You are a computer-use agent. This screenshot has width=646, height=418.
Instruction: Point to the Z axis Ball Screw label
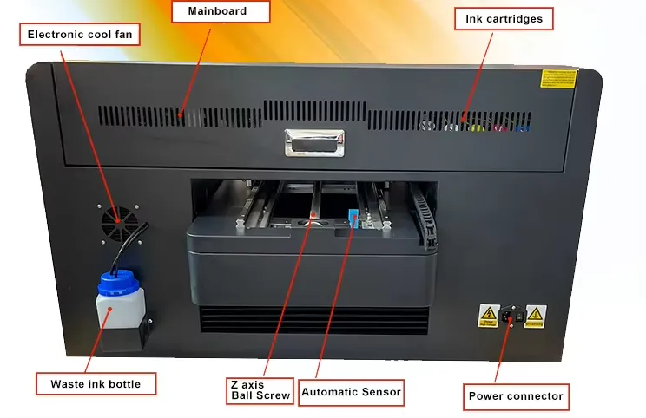pyautogui.click(x=248, y=390)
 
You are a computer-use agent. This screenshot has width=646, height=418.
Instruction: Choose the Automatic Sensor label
pyautogui.click(x=351, y=392)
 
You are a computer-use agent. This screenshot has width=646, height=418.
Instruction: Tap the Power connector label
pyautogui.click(x=516, y=397)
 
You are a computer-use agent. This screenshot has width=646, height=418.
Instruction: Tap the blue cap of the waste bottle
pyautogui.click(x=115, y=283)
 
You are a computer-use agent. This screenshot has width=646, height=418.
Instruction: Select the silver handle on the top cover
pyautogui.click(x=313, y=142)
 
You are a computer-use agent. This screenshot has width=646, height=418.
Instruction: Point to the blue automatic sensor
pyautogui.click(x=353, y=218)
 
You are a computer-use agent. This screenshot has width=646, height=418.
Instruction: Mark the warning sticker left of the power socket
pyautogui.click(x=487, y=316)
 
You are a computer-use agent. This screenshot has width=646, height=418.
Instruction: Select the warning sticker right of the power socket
pyautogui.click(x=535, y=316)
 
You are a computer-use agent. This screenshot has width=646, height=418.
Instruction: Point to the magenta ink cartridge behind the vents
pyautogui.click(x=499, y=129)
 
